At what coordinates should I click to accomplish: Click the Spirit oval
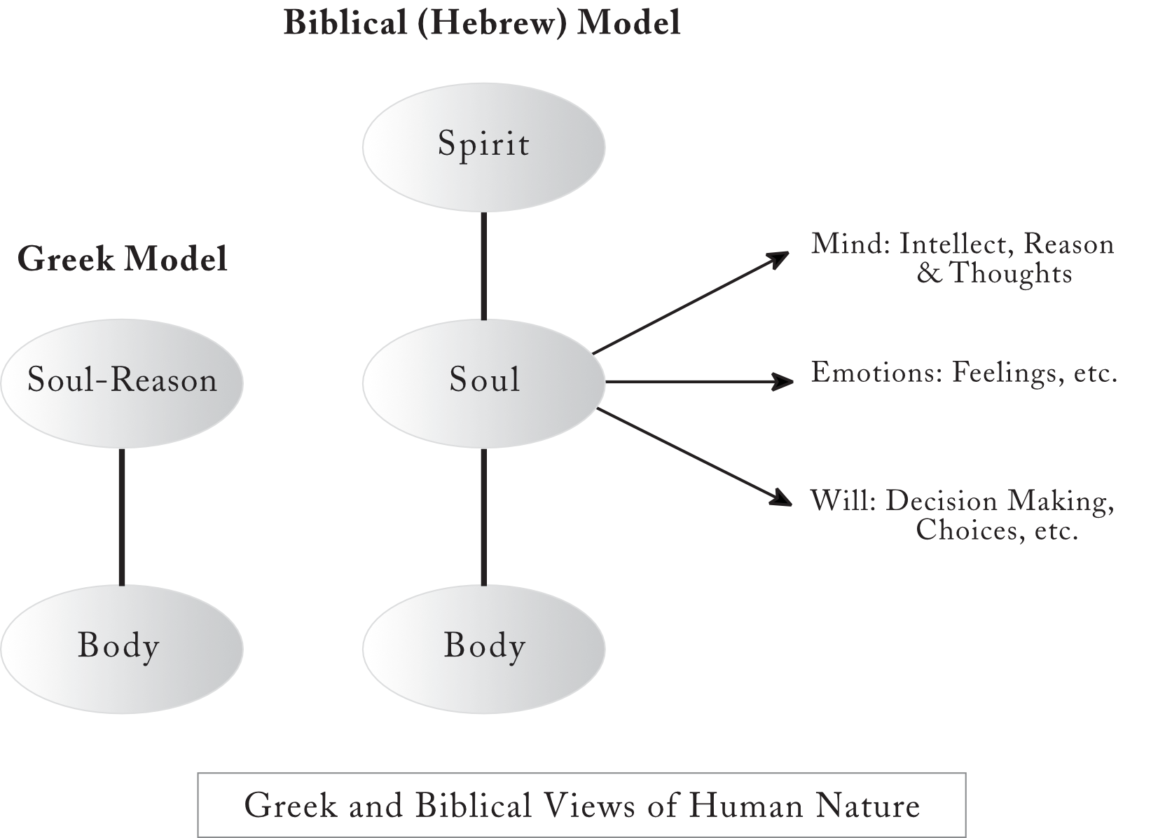point(483,147)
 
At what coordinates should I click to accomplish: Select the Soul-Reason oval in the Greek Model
point(122,383)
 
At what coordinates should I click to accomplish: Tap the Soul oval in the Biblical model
point(483,383)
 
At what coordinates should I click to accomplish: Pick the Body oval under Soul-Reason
point(122,650)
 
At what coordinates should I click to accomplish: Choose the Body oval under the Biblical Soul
point(483,650)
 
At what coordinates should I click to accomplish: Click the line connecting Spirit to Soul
point(483,266)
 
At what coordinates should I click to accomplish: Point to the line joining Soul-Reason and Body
point(122,517)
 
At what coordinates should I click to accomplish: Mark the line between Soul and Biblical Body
point(483,517)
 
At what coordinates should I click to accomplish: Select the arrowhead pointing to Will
point(780,498)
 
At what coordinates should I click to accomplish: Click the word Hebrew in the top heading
point(492,24)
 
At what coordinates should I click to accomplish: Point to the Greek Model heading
point(122,259)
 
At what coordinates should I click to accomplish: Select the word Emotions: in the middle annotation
point(877,373)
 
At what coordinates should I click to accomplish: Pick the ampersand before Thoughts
point(930,273)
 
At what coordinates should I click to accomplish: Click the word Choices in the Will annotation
point(964,530)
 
